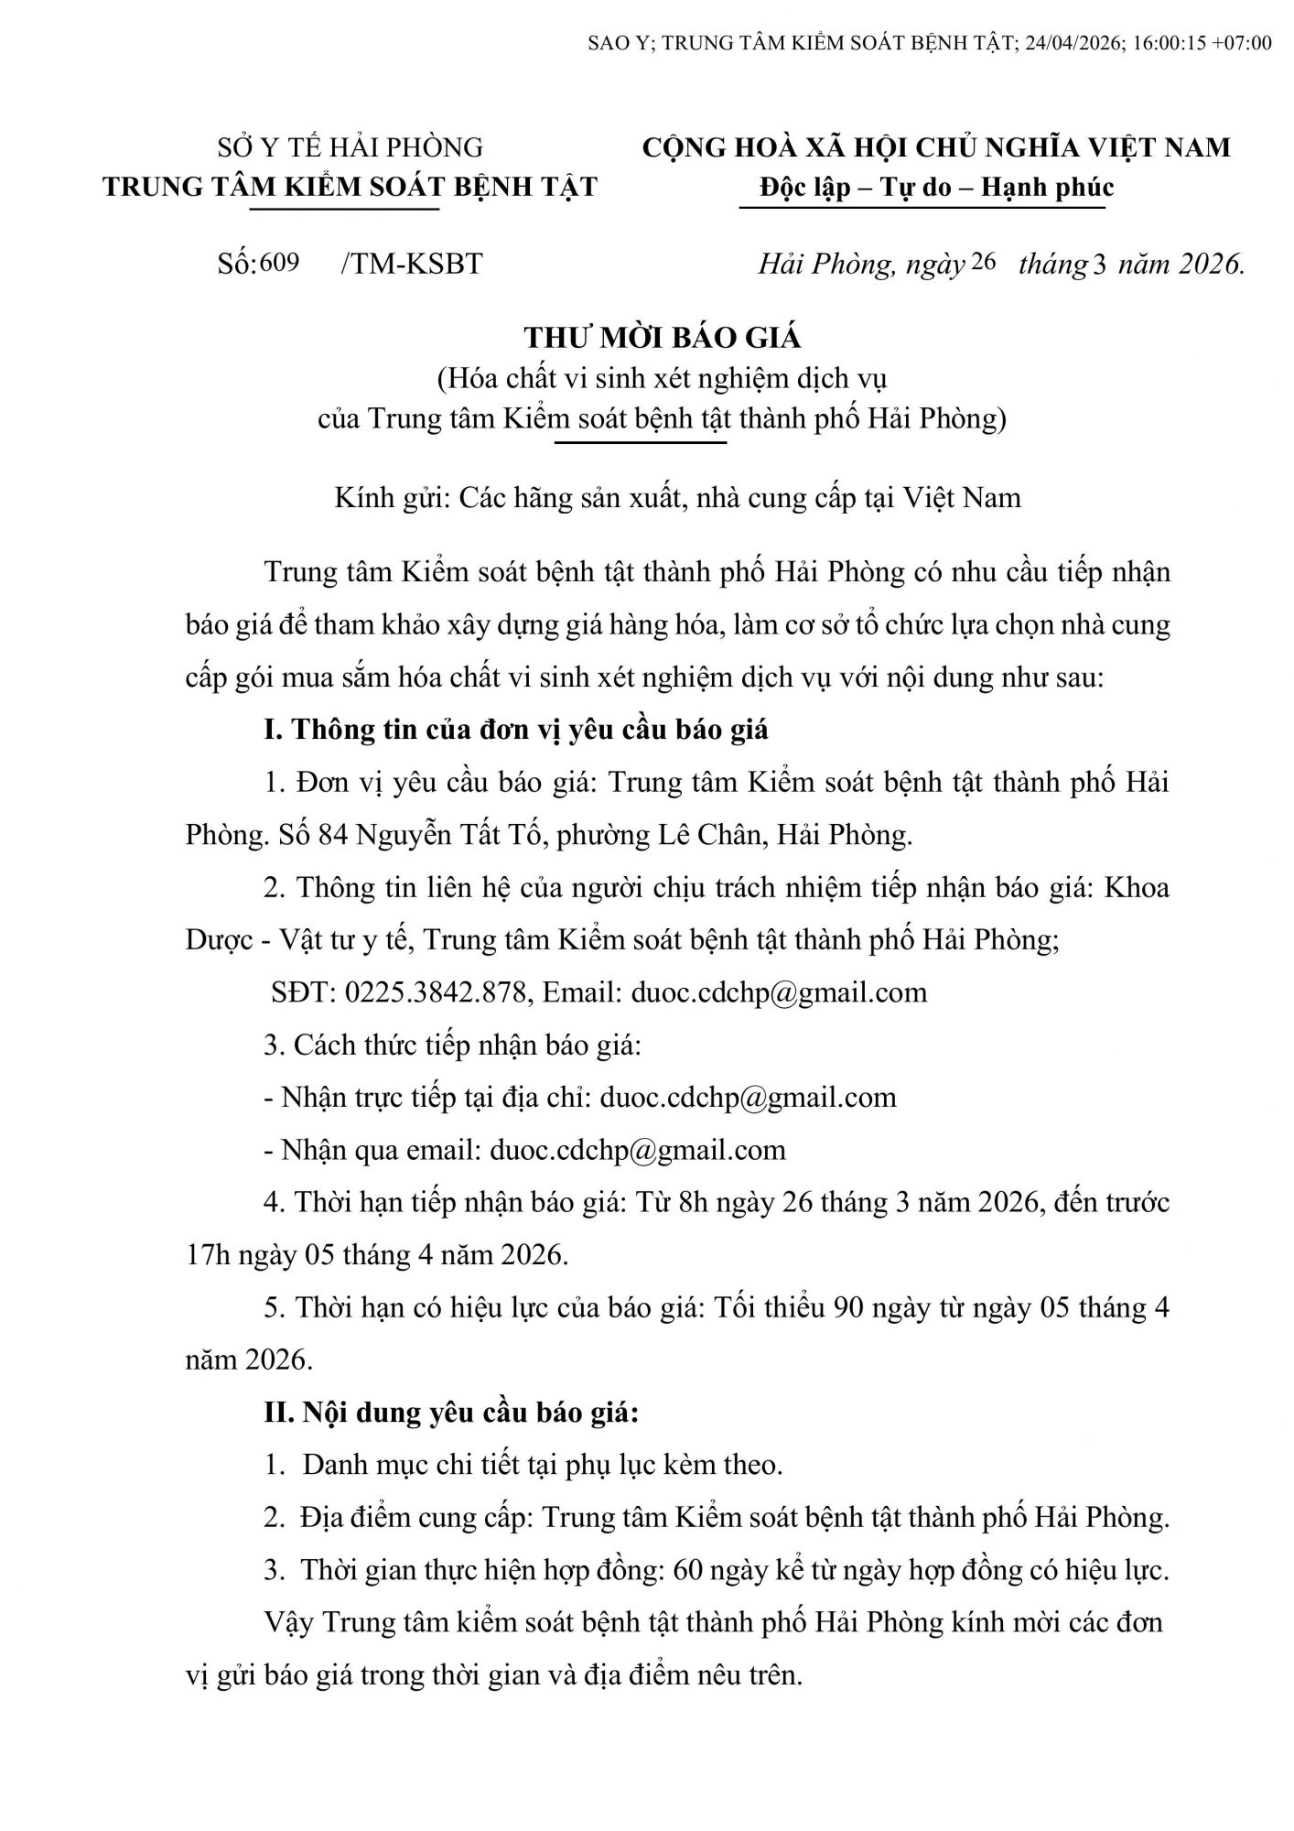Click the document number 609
(x=280, y=263)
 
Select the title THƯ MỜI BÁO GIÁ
(x=663, y=338)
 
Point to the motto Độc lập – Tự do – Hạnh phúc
(x=936, y=188)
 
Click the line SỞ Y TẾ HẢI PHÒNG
(x=350, y=146)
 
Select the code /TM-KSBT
(x=411, y=264)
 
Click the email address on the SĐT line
(x=779, y=992)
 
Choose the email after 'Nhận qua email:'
(x=638, y=1150)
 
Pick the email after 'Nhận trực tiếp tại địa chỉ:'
(x=748, y=1097)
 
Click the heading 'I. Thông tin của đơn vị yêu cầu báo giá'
(x=516, y=730)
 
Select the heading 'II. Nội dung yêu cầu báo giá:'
(x=451, y=1413)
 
